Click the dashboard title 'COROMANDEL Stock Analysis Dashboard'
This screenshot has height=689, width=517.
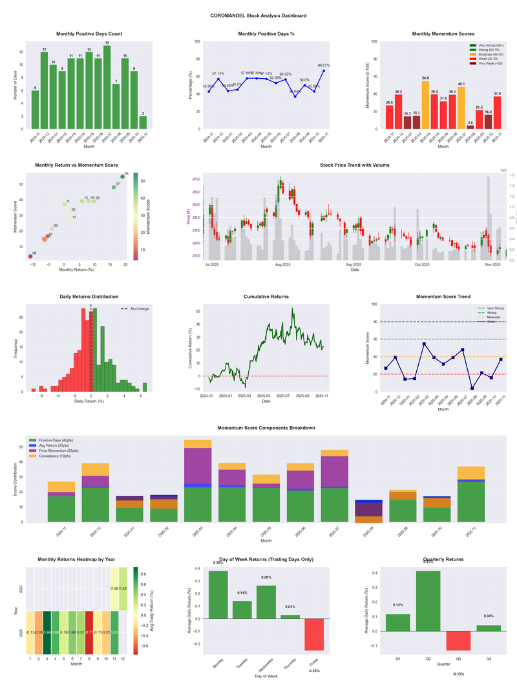[x=258, y=16]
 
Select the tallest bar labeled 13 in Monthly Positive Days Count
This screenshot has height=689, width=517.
[x=107, y=87]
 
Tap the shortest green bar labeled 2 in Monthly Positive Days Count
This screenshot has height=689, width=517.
[x=143, y=122]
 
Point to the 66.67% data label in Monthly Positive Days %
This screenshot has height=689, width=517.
[x=324, y=65]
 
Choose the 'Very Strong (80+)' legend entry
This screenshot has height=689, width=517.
[x=490, y=46]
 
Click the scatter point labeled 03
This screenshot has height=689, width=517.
[x=122, y=177]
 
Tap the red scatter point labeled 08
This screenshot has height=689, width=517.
[x=30, y=257]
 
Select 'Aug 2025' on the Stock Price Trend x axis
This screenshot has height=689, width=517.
[x=282, y=265]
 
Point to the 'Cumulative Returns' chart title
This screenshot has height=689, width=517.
[x=266, y=297]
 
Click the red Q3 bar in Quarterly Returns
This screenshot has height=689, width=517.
[x=458, y=641]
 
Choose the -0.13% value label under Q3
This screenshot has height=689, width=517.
[x=458, y=674]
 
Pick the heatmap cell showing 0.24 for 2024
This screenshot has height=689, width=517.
[x=123, y=589]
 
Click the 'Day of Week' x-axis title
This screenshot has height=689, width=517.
[x=267, y=677]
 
